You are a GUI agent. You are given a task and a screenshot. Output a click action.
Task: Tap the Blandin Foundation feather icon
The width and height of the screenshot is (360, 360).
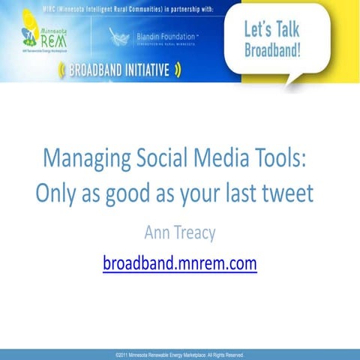pos(119,37)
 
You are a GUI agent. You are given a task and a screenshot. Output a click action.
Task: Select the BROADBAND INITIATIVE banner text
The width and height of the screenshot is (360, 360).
pos(118,71)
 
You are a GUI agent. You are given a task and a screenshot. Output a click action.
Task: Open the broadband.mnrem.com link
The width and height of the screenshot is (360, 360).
pos(180,263)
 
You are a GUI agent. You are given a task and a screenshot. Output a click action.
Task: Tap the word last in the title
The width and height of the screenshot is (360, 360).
pos(238,194)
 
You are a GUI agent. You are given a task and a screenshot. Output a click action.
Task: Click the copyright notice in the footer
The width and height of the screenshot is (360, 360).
pos(180,354)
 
